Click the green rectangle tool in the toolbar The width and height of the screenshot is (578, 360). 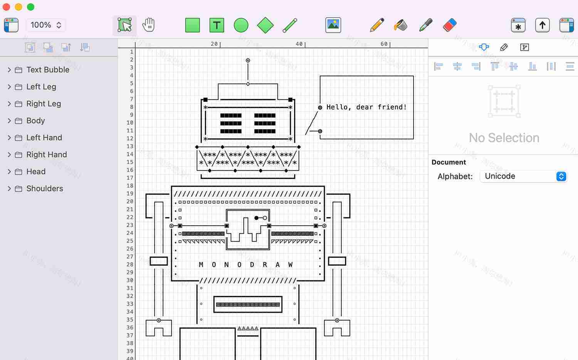click(192, 25)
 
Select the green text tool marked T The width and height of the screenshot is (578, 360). click(217, 25)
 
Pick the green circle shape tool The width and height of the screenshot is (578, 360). click(241, 25)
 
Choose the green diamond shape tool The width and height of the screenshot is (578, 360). click(265, 25)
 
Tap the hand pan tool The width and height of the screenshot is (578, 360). click(148, 25)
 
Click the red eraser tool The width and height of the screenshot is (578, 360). click(450, 25)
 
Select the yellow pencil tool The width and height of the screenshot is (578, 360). click(376, 25)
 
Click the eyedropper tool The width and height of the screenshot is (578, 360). click(425, 25)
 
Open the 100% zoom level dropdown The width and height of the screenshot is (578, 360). click(46, 25)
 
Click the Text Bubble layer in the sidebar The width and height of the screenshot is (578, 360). click(48, 70)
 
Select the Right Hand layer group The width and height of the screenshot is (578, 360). click(46, 154)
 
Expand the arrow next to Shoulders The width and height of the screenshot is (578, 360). click(9, 188)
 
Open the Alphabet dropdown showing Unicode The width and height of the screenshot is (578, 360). click(523, 176)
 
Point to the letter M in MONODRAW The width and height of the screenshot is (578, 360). click(201, 265)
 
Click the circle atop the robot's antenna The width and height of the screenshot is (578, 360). click(248, 60)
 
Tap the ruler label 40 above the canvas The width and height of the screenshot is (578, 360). click(299, 44)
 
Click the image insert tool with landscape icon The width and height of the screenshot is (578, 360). click(333, 25)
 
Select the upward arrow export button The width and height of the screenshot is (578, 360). click(542, 25)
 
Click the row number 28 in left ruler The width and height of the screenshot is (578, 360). click(130, 265)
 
